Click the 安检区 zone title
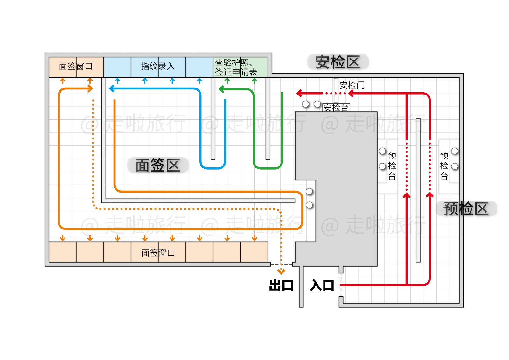(x=338, y=62)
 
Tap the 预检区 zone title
(x=466, y=208)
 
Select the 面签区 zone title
(x=158, y=165)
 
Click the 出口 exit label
(x=281, y=285)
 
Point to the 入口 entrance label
(x=322, y=285)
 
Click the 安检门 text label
(x=352, y=85)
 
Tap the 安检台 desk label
(x=336, y=108)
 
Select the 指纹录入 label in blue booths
(x=158, y=66)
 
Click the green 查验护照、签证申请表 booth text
(x=236, y=67)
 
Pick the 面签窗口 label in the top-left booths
(x=76, y=66)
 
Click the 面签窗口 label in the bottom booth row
(x=158, y=253)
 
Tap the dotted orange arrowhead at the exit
(x=281, y=271)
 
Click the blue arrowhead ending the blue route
(x=112, y=88)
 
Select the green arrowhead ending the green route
(x=221, y=89)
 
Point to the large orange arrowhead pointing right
(x=90, y=88)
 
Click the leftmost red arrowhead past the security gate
(x=299, y=93)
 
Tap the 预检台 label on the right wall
(x=444, y=166)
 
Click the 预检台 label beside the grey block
(x=392, y=166)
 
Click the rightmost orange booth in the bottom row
(x=254, y=252)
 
